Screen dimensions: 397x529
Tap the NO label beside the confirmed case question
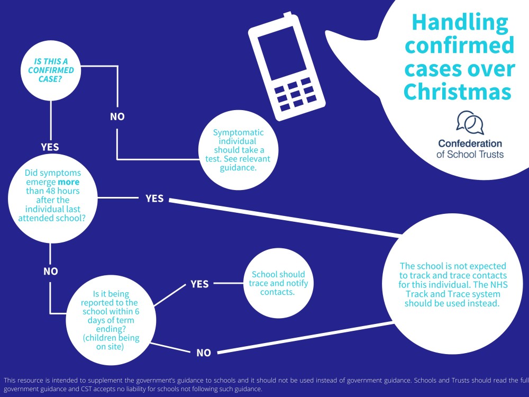(x=117, y=116)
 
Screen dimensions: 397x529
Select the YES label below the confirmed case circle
(x=50, y=147)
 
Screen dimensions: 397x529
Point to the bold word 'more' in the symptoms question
(x=68, y=182)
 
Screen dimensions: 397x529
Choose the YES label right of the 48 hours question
(x=154, y=198)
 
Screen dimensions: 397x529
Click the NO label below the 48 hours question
(x=50, y=272)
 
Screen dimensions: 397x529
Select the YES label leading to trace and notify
(x=199, y=284)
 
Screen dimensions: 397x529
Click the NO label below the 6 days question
(x=203, y=353)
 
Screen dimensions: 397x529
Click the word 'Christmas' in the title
(x=457, y=91)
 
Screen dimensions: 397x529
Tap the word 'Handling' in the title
(x=460, y=22)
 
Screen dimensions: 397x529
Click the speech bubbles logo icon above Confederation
(x=470, y=123)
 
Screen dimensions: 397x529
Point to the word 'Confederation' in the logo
(x=470, y=143)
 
